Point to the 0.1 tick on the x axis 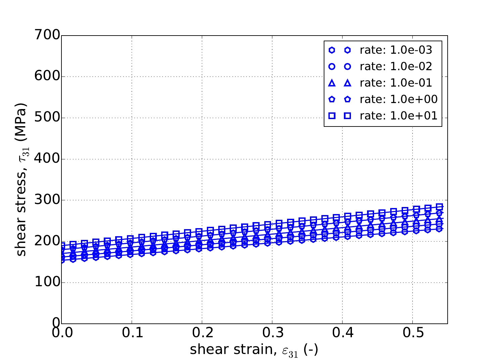tap(132, 335)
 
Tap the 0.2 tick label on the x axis tap(202, 335)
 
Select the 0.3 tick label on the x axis tap(272, 335)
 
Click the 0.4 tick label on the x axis tap(342, 335)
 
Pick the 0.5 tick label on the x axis tap(412, 335)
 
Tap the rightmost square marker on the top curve tap(439, 207)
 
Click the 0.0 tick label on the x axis tap(61, 335)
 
